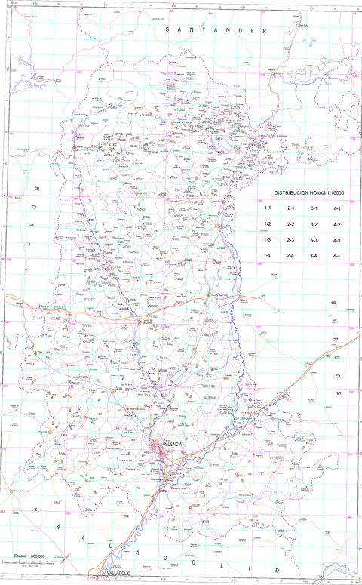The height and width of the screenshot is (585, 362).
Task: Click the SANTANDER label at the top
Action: [x=219, y=31]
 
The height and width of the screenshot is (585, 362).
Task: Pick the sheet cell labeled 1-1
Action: [x=267, y=208]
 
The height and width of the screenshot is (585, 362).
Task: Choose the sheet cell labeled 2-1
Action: [x=290, y=208]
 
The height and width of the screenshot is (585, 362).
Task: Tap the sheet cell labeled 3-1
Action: [x=314, y=208]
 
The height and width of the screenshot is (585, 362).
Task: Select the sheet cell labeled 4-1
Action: [x=337, y=208]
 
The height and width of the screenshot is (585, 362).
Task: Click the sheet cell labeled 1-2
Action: [x=267, y=225]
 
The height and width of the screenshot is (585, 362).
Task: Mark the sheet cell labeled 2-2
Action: [x=290, y=225]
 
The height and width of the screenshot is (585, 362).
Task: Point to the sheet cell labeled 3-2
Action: [x=314, y=225]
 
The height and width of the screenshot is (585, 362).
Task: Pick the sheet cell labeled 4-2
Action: [x=337, y=225]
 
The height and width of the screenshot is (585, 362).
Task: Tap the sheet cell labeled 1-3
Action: [x=267, y=240]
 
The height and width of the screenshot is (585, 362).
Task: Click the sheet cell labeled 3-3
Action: [x=314, y=240]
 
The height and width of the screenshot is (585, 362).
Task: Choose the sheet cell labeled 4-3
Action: [x=337, y=240]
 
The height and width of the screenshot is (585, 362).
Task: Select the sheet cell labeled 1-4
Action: [x=267, y=257]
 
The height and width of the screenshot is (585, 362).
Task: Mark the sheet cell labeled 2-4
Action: [x=290, y=257]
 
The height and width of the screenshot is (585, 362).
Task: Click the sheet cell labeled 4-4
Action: [x=337, y=257]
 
